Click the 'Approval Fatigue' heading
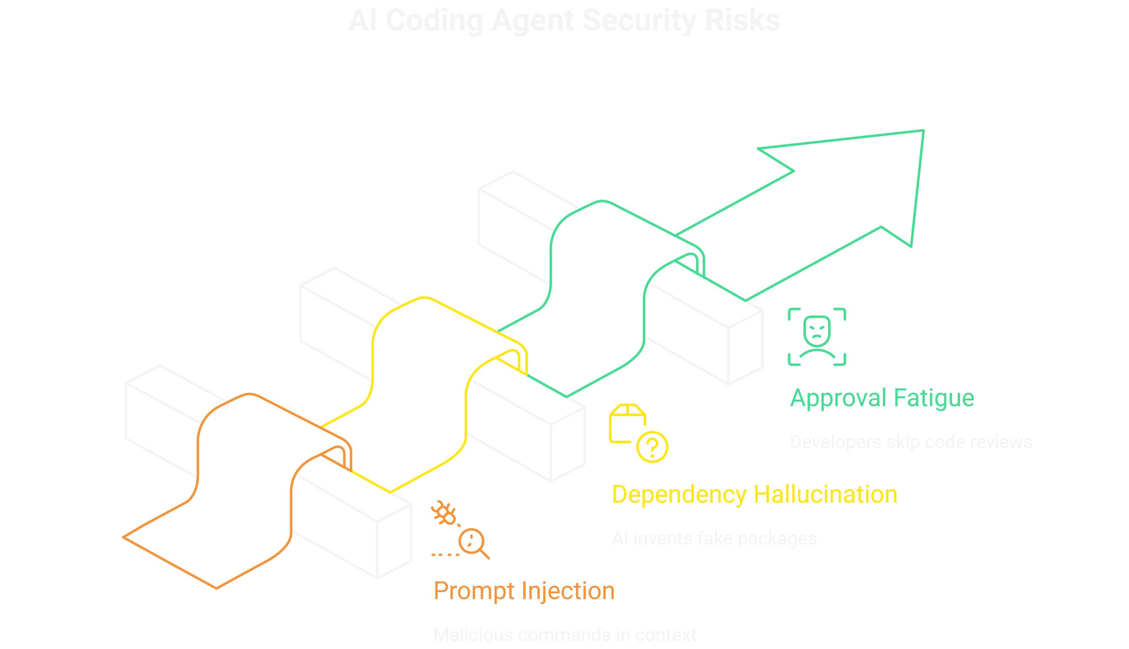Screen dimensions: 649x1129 pyautogui.click(x=882, y=397)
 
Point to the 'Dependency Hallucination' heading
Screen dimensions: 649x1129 pyautogui.click(x=754, y=494)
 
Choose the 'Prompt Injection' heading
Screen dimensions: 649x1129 pyautogui.click(x=524, y=591)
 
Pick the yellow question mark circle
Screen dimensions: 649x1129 pyautogui.click(x=652, y=447)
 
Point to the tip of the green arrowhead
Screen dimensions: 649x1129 pyautogui.click(x=924, y=131)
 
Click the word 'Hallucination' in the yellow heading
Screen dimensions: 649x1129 pyautogui.click(x=825, y=494)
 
